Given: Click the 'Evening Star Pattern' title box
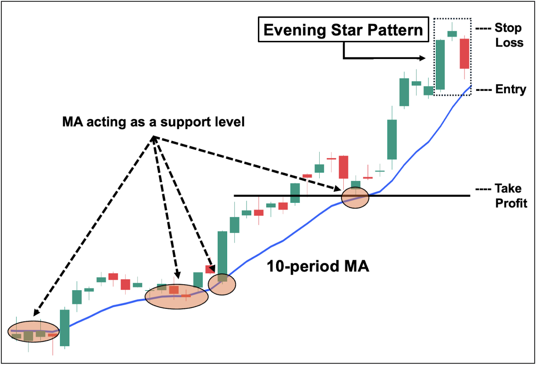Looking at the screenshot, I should point(343,30).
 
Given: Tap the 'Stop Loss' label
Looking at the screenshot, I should point(508,35).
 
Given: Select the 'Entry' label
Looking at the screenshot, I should point(511,89).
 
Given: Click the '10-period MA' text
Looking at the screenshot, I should point(318,267).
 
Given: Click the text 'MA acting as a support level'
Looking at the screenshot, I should point(153,122).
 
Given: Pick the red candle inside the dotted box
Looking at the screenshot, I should point(464,53).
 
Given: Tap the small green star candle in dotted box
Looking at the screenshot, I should point(452,34).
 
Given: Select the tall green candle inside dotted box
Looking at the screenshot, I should point(440,65).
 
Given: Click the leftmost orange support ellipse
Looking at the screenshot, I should point(33,331).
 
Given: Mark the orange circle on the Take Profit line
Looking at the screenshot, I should point(355,198).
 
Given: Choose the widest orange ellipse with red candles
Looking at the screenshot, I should point(177,297).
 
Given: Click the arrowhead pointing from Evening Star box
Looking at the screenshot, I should point(423,58).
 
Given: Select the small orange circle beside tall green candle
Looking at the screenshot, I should point(222,284).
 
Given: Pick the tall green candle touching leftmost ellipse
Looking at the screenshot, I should point(65,328).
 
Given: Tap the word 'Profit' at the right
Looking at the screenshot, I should point(511,203).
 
